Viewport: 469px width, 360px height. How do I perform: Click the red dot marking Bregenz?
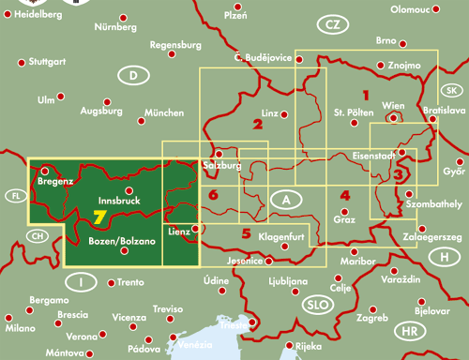tap(42, 171)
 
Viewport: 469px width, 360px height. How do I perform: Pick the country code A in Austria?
tap(285, 200)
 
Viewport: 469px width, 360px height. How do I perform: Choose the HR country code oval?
tap(409, 331)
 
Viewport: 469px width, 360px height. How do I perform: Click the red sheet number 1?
tap(366, 95)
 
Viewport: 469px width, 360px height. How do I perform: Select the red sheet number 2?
tap(256, 123)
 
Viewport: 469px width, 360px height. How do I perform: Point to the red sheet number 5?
tap(246, 233)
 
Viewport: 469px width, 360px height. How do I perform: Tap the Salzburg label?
tap(222, 166)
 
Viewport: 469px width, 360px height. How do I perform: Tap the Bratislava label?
tap(445, 111)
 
